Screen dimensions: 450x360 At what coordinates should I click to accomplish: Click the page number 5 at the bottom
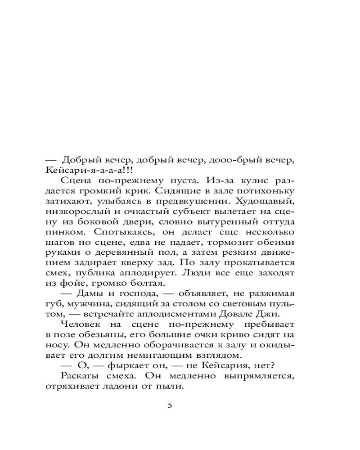pos(170,405)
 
